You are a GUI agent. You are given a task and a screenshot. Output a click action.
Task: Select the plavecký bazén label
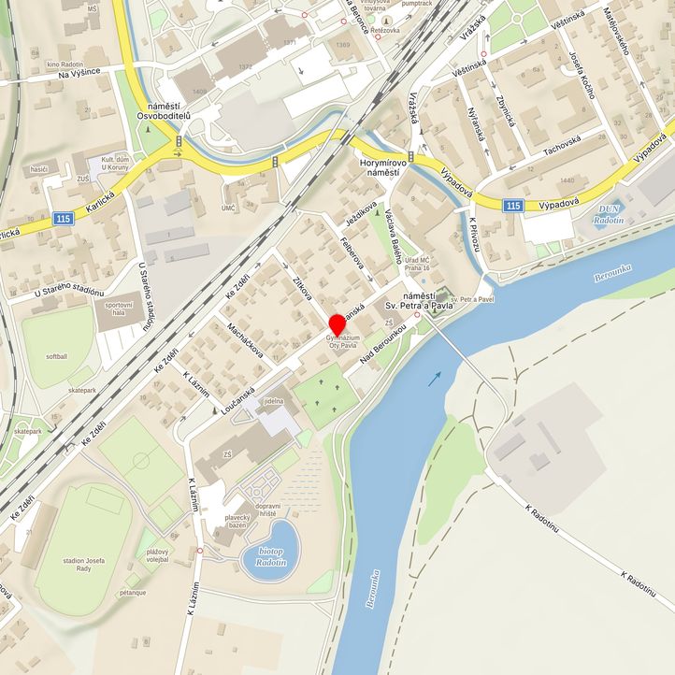(237, 523)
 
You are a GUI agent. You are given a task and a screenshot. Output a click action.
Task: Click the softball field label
(56, 357)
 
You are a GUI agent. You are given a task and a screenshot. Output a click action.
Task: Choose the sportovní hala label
(119, 309)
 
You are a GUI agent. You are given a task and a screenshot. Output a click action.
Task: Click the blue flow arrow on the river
(436, 378)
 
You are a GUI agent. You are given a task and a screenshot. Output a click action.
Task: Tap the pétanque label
(133, 593)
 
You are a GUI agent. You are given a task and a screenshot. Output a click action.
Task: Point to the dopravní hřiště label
(267, 510)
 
